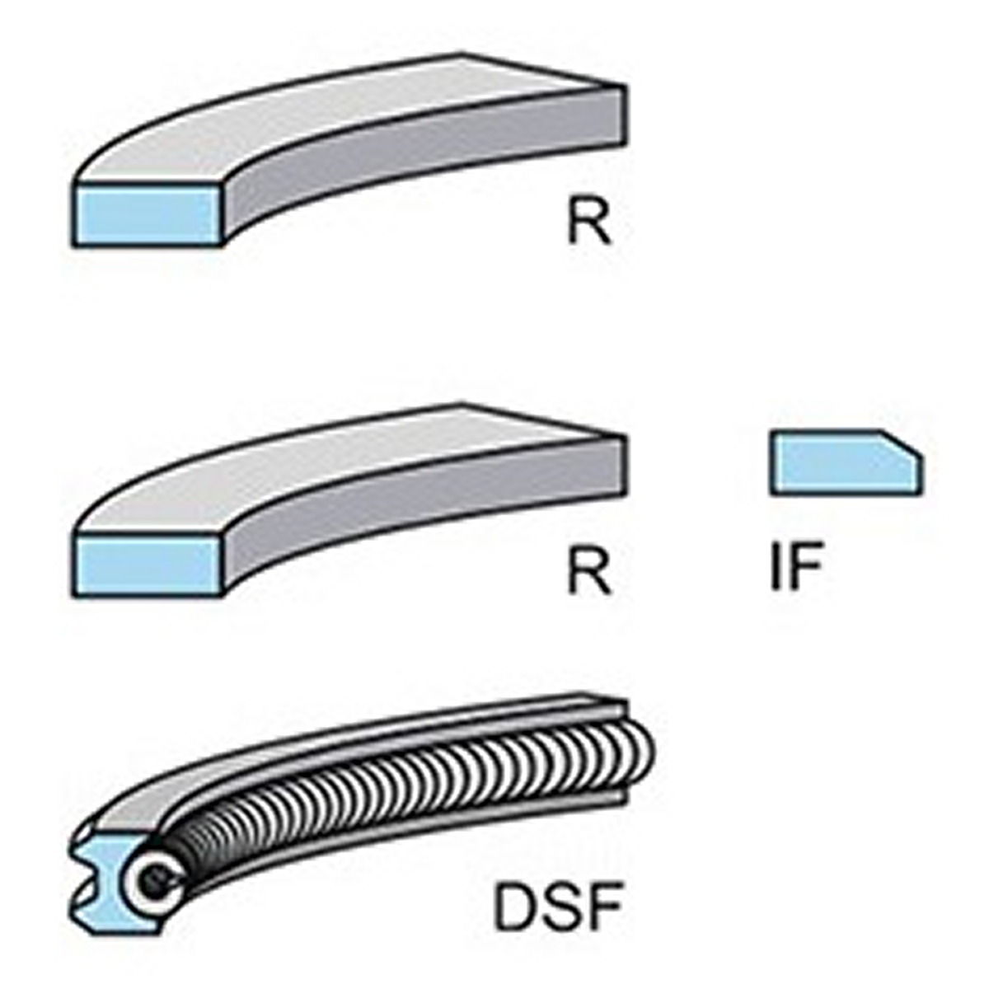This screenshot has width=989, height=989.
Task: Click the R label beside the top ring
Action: tap(589, 222)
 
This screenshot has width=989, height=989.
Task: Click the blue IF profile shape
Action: tap(846, 463)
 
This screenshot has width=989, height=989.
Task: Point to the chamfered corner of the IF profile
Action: tap(902, 443)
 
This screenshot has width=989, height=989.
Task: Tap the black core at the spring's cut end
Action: tap(153, 865)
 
